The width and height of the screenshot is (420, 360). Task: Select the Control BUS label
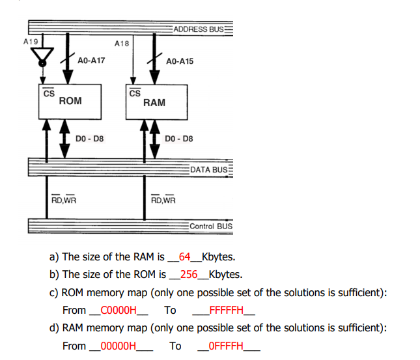click(x=210, y=226)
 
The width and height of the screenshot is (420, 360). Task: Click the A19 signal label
click(x=31, y=41)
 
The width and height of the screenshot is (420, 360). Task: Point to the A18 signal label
click(x=122, y=44)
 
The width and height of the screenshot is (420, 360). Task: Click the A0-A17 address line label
click(x=91, y=61)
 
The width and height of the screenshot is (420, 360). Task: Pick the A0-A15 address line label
click(x=180, y=61)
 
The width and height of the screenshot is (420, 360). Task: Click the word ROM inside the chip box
click(x=70, y=101)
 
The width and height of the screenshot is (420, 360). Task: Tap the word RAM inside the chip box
click(x=154, y=102)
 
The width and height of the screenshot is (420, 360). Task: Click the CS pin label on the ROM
click(x=48, y=93)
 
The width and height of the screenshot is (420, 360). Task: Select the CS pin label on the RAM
click(x=135, y=93)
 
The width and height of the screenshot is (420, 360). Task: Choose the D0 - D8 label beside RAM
click(x=179, y=139)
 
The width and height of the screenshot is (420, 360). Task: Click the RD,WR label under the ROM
click(x=63, y=199)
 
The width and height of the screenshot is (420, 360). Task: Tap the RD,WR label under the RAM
click(x=163, y=199)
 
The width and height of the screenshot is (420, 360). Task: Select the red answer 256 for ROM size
click(x=188, y=274)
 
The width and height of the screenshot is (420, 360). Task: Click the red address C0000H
click(x=119, y=310)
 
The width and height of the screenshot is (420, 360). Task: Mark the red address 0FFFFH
click(x=226, y=346)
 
